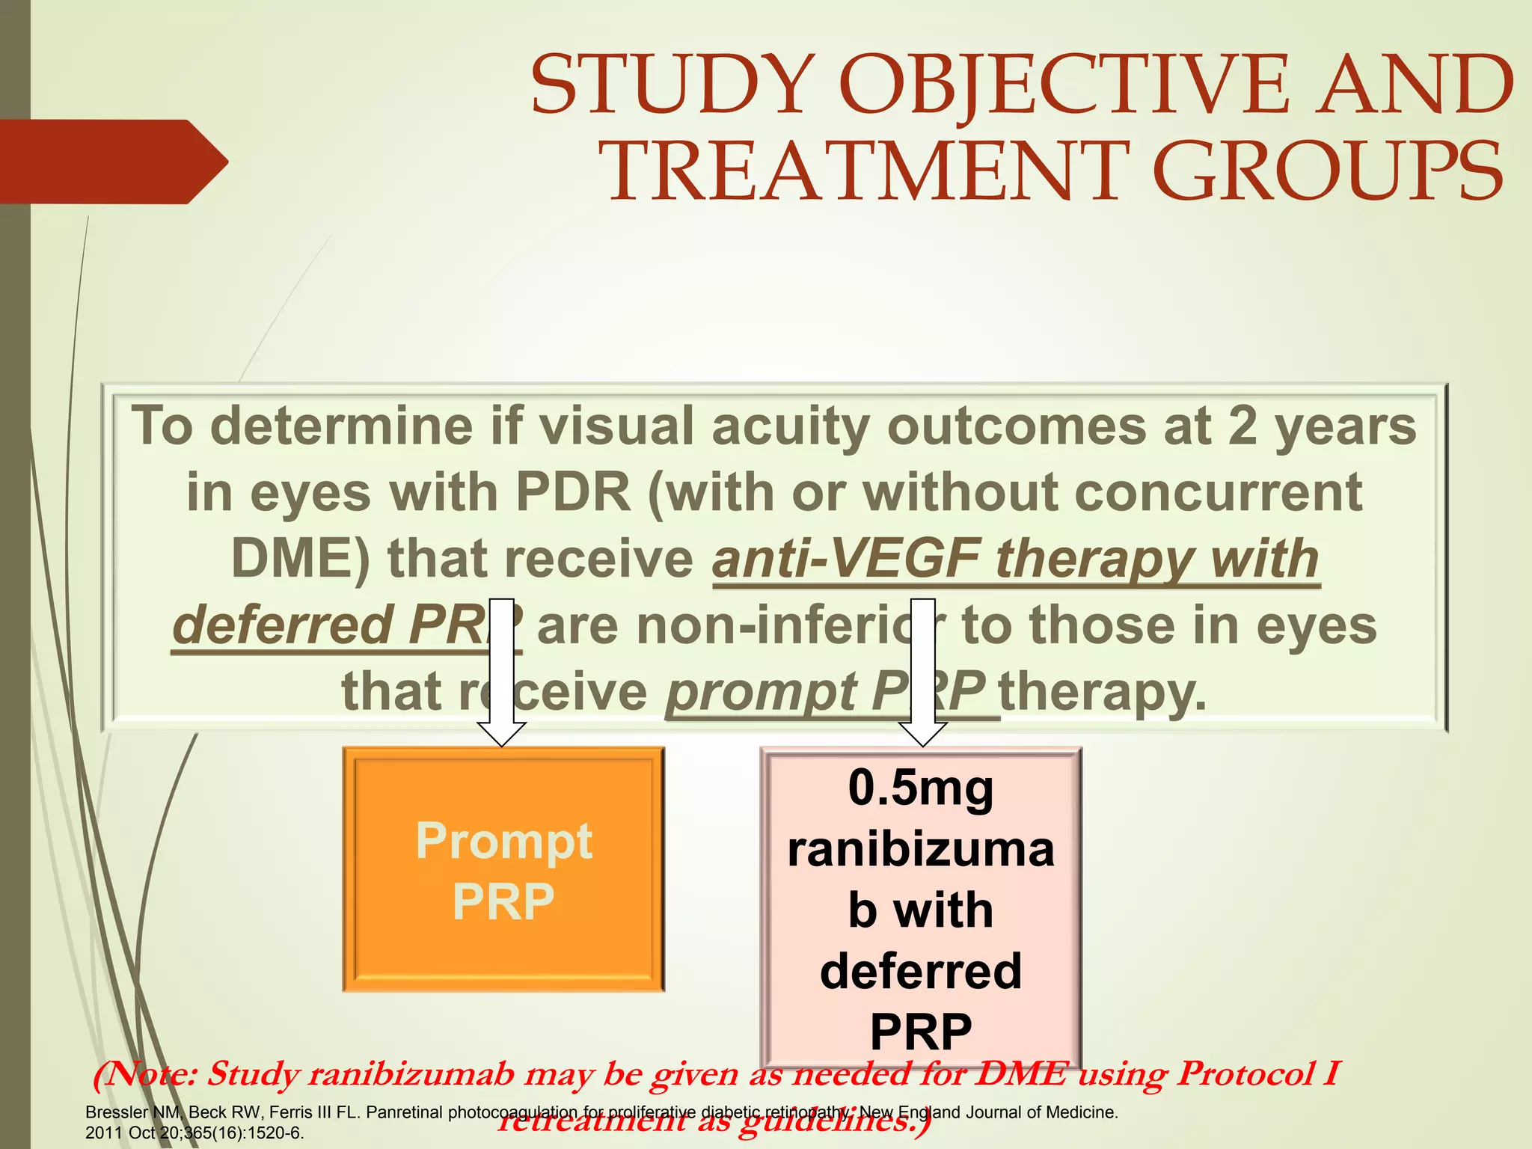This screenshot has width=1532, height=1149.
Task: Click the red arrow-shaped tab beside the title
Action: point(112,162)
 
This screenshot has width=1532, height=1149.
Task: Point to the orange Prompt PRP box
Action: point(503,870)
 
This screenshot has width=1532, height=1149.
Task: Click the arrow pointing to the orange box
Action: point(502,673)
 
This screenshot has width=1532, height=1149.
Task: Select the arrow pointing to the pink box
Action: point(923,673)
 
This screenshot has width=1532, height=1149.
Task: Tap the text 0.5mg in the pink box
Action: point(921,788)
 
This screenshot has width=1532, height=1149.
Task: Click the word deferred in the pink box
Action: point(921,971)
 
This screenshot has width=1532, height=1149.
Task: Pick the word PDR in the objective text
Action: point(574,492)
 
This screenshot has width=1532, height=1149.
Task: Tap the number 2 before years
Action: point(1243,426)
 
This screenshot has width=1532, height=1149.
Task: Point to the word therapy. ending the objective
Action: point(1103,691)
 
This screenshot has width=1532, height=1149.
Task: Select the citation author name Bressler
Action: point(117,1112)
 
